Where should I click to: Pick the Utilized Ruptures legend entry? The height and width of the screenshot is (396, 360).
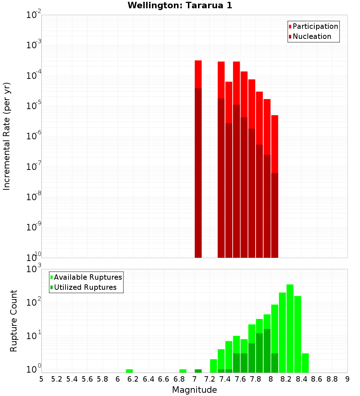[x=85, y=288]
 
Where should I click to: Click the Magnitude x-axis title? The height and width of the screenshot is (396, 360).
[x=194, y=390]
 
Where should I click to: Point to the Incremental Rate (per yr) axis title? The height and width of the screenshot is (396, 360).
[x=7, y=136]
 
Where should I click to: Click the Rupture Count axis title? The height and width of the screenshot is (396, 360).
[x=14, y=321]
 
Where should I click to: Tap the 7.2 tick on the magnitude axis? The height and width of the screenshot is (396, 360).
[x=210, y=379]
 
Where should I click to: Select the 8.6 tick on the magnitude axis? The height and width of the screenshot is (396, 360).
[x=317, y=379]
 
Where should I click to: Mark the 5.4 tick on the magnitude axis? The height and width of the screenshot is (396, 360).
[x=72, y=379]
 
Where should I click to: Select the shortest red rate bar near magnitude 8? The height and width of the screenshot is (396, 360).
[x=275, y=144]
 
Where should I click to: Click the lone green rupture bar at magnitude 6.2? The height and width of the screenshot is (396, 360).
[x=129, y=371]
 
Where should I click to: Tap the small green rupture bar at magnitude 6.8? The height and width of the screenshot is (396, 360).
[x=183, y=371]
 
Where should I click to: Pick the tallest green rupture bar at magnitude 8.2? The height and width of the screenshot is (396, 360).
[x=290, y=324]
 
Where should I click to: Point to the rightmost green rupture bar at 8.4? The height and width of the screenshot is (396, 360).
[x=305, y=363]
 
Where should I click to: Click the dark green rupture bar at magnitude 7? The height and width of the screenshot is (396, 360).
[x=198, y=371]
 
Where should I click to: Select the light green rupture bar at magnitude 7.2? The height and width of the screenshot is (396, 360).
[x=213, y=366]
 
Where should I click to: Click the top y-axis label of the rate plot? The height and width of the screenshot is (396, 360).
[x=34, y=15]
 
